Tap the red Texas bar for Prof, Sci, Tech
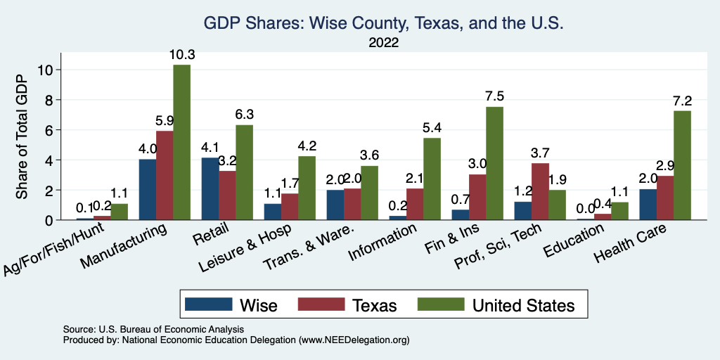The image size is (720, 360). coord(540,191)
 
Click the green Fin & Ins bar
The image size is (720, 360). coord(494,163)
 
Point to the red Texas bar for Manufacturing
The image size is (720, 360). coord(165,175)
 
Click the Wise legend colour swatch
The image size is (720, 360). coord(208,304)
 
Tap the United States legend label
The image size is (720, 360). coord(523,305)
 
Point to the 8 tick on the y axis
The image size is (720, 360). coord(49,100)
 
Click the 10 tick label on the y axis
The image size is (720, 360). coord(46,70)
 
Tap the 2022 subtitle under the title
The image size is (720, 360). coord(383,43)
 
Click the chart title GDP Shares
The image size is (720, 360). coord(383,23)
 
